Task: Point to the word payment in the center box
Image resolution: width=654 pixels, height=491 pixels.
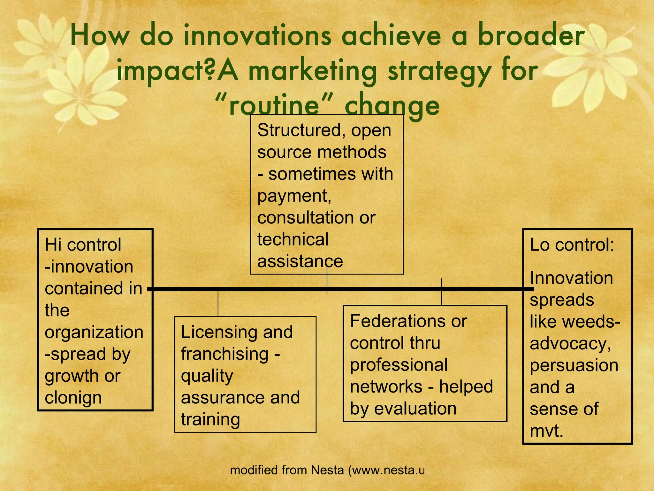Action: pos(294,196)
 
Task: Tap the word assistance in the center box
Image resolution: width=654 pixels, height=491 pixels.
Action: pos(300,261)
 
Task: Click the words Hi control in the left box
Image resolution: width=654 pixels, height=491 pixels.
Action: pos(83,245)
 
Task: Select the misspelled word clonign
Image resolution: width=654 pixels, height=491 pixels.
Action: pos(73,398)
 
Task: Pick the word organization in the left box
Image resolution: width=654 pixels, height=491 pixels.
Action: pos(94,332)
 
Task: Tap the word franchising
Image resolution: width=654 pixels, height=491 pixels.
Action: pos(225,354)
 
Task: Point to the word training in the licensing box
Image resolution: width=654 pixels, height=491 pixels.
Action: pos(210,419)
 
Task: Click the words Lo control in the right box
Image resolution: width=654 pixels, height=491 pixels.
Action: pos(572,245)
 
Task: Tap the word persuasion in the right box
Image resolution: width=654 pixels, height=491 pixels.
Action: pos(574,365)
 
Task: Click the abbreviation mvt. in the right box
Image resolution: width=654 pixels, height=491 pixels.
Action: pos(546,431)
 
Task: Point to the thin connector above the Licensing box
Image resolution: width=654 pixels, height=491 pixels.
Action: pos(218,303)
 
